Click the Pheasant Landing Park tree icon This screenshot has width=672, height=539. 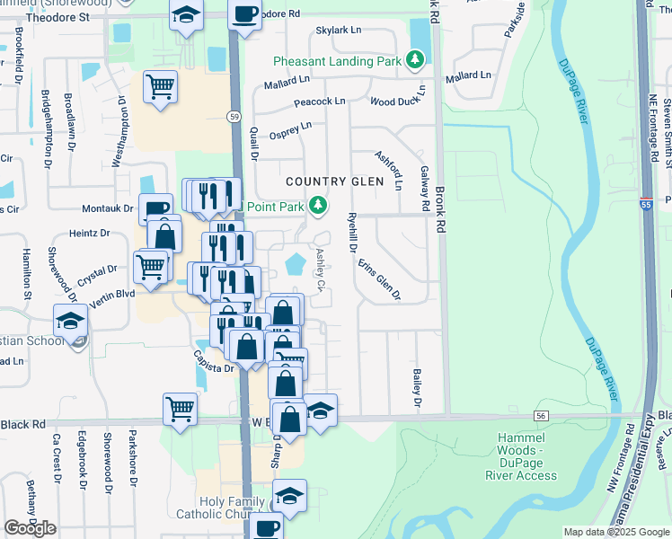coord(414,60)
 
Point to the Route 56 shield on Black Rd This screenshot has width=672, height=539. coord(540,416)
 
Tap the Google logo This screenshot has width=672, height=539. coord(30,527)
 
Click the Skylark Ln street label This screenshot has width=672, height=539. coord(338,30)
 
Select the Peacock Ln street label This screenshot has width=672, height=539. coord(320,102)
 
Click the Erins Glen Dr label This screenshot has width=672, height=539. coord(378,278)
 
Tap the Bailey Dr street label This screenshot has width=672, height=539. coord(418,387)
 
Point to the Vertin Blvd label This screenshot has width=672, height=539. coord(113,294)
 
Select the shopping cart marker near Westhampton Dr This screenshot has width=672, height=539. coord(160,87)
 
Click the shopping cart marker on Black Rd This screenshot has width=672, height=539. coord(181,409)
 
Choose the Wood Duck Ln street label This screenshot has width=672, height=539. coord(395,102)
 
